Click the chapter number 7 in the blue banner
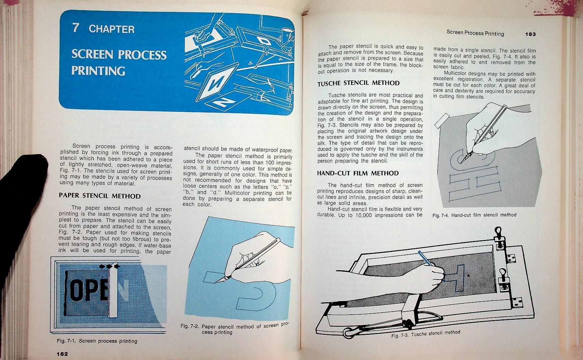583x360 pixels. pyautogui.click(x=76, y=28)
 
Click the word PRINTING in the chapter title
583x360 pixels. pyautogui.click(x=98, y=71)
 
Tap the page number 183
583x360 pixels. pyautogui.click(x=530, y=34)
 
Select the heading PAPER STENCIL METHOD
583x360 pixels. pyautogui.click(x=100, y=196)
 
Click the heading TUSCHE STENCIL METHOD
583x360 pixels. pyautogui.click(x=358, y=83)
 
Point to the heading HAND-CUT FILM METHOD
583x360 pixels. pyautogui.click(x=358, y=173)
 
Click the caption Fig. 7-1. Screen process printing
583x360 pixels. pyautogui.click(x=97, y=341)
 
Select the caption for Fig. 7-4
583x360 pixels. pyautogui.click(x=474, y=215)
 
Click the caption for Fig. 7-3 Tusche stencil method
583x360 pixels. pyautogui.click(x=426, y=334)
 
